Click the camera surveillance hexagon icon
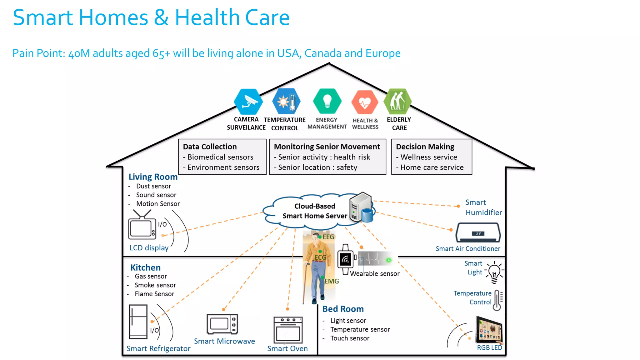coord(248,102)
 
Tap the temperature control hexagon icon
coord(286,101)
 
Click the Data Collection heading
coord(210,147)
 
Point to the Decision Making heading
coord(425,147)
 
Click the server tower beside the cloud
coord(361,207)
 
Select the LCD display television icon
coord(142,227)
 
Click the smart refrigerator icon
coord(138,322)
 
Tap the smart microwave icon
coord(222,324)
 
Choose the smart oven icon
coord(288,330)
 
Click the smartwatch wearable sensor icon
coord(346,259)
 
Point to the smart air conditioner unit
coord(478,232)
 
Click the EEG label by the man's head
coord(328,237)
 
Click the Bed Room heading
coord(343,309)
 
